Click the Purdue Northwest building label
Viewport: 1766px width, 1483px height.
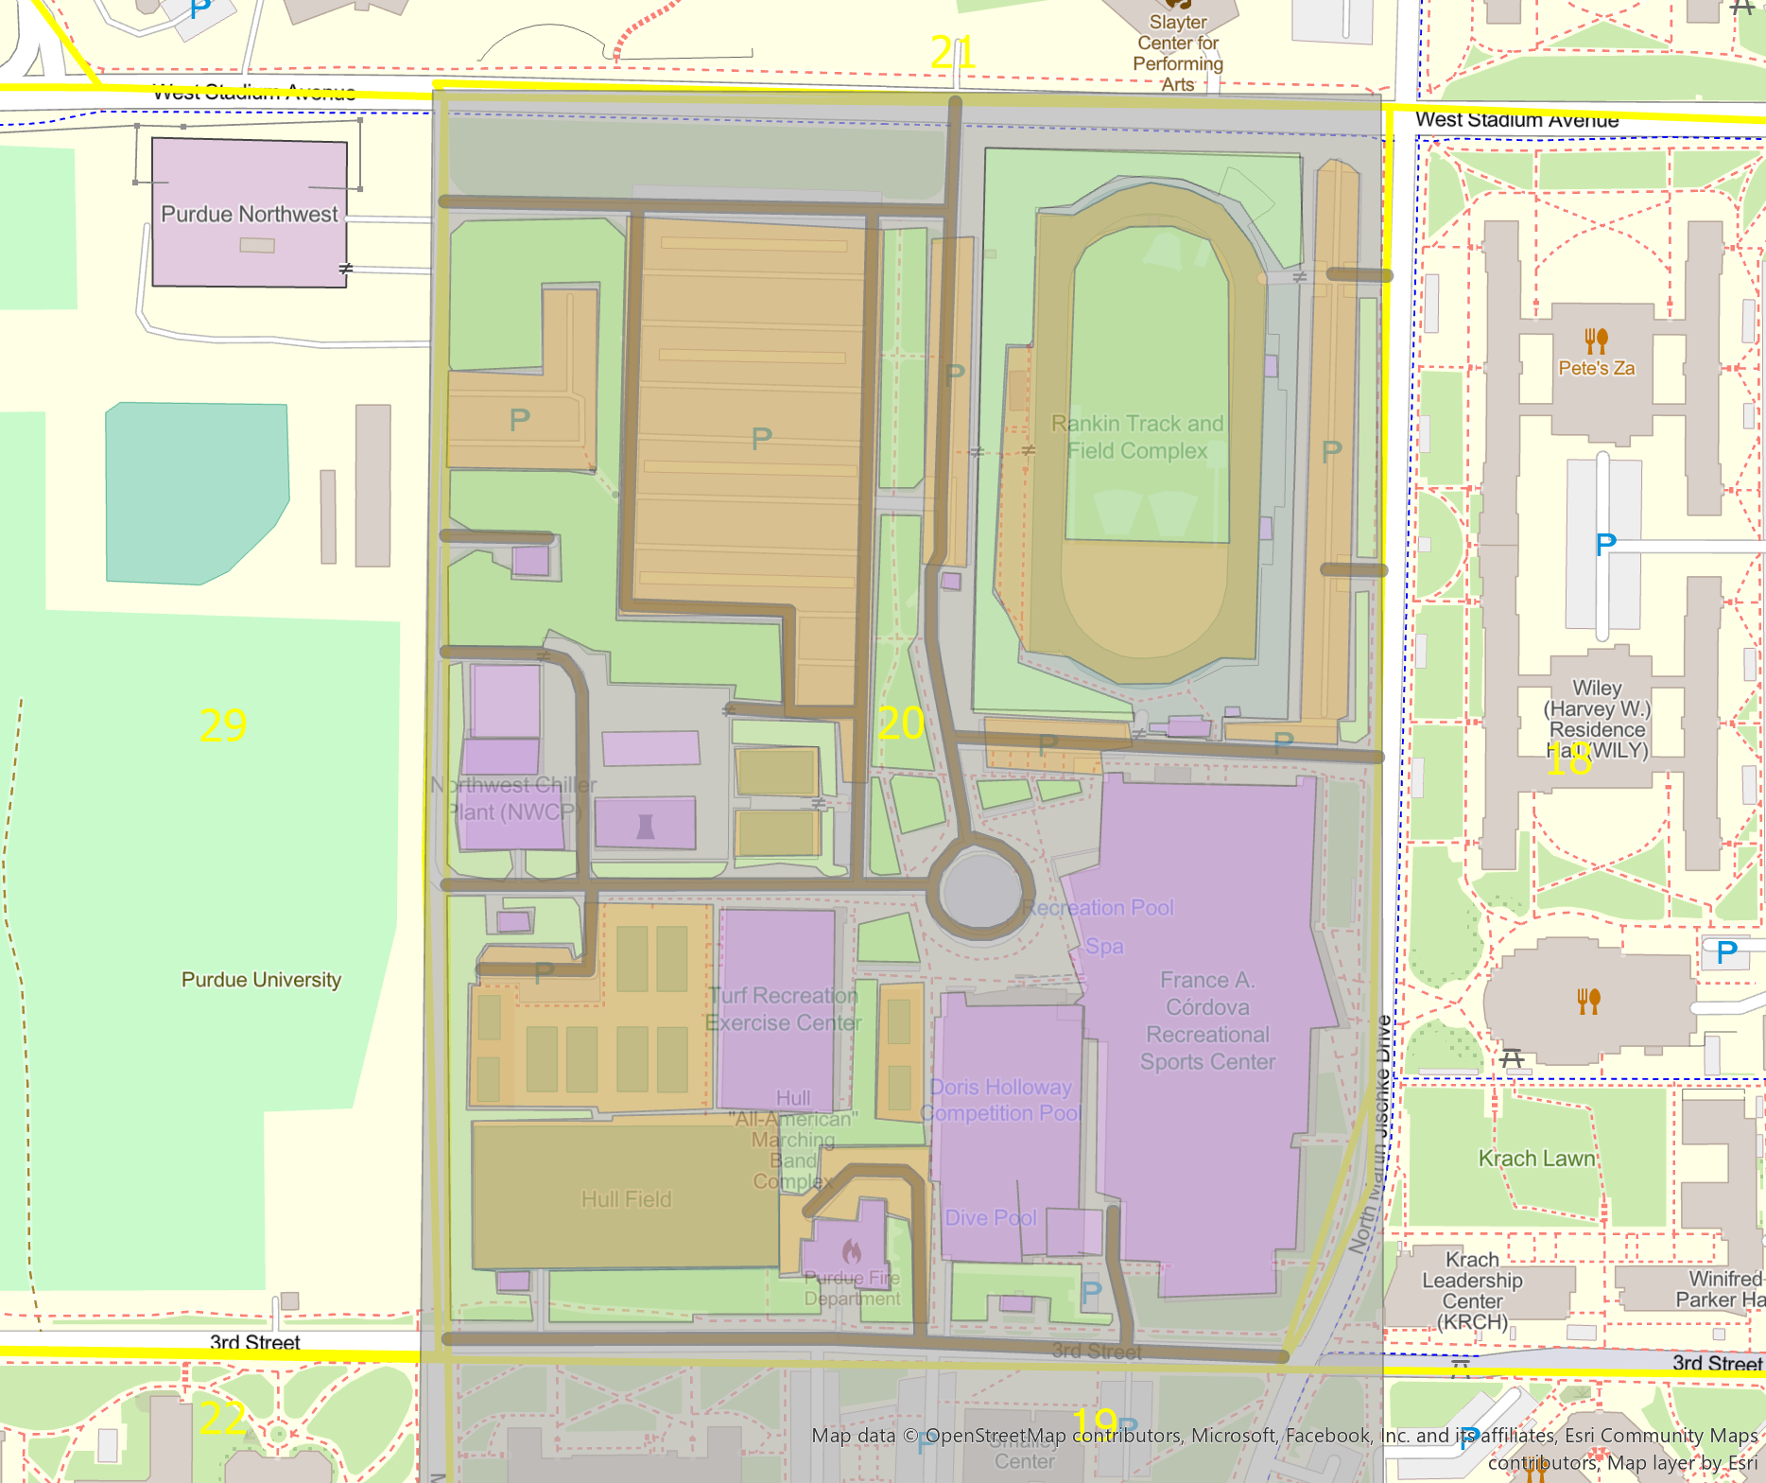point(249,215)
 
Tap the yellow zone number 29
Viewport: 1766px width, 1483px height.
point(223,725)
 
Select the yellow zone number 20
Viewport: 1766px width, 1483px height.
point(901,724)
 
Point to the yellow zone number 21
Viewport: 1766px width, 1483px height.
point(952,52)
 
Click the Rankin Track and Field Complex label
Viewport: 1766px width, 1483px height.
point(1137,437)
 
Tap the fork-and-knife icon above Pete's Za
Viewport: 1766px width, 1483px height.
point(1596,340)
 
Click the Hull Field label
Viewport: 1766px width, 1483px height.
point(626,1199)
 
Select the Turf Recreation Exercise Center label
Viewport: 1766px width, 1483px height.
point(784,1009)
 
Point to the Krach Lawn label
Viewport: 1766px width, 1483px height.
point(1537,1159)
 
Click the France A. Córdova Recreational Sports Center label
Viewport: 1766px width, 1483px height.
point(1207,1021)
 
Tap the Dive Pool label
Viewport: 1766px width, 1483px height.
point(991,1218)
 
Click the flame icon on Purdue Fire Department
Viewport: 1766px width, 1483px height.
point(852,1252)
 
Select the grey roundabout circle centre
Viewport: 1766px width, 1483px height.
point(980,888)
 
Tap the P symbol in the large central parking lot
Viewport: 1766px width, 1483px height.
point(761,439)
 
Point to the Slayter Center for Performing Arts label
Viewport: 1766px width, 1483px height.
point(1178,53)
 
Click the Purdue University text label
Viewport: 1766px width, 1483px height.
point(261,980)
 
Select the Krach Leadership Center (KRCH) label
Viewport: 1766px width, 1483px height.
point(1472,1290)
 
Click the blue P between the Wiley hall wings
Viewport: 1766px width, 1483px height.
point(1605,545)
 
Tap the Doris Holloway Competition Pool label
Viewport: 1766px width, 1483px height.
point(1002,1100)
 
